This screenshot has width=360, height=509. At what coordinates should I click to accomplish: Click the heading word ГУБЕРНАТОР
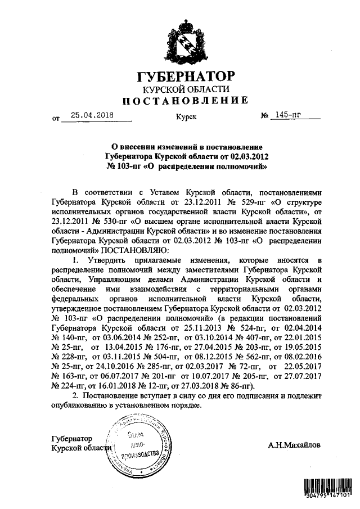coord(186,76)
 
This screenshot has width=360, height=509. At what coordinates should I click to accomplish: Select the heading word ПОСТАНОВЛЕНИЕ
coord(186,101)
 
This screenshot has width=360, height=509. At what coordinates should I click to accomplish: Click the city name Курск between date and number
coord(186,118)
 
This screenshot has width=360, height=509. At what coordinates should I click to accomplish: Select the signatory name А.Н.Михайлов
coord(295,445)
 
